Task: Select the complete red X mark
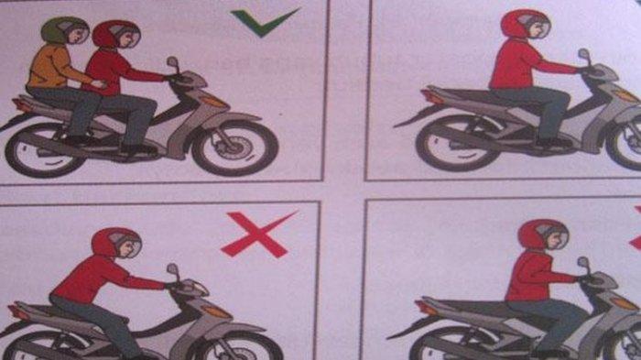click(x=258, y=235)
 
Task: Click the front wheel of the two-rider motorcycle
click(x=234, y=146)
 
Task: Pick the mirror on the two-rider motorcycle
click(x=172, y=63)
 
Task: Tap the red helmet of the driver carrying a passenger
click(x=115, y=34)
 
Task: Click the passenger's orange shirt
click(x=50, y=68)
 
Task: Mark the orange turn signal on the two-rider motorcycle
click(x=213, y=101)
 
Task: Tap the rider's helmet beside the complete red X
click(x=115, y=244)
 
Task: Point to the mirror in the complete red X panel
click(x=172, y=271)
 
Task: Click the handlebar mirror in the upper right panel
click(x=583, y=56)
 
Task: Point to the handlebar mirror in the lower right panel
click(x=582, y=264)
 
